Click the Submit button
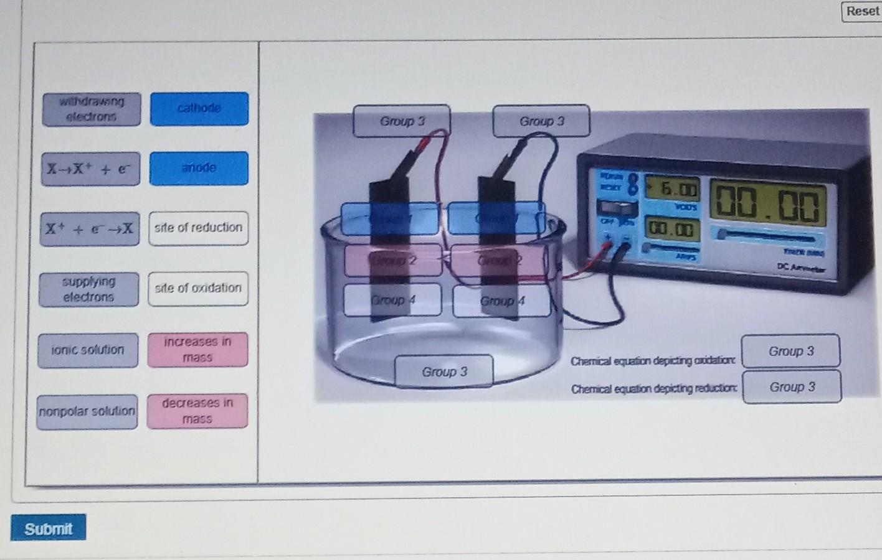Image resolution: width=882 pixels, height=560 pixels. tap(48, 528)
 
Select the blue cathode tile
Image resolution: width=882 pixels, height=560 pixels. tap(199, 109)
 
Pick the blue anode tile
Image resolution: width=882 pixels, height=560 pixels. tap(199, 169)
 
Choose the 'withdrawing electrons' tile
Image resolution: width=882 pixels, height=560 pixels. tap(92, 109)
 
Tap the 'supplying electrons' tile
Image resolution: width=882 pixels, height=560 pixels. tap(88, 289)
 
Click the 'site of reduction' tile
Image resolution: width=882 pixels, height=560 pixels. tap(198, 228)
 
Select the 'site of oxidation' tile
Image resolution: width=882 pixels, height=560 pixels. tap(198, 288)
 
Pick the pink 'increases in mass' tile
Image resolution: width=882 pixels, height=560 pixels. tap(197, 350)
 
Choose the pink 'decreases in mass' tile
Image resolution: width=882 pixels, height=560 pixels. tap(197, 411)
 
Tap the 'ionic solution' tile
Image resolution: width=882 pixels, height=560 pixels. tap(88, 350)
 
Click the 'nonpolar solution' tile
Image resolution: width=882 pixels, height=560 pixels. tap(87, 412)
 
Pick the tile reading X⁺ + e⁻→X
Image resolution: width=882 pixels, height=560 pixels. tap(90, 229)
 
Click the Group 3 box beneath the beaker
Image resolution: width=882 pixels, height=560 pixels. tap(444, 371)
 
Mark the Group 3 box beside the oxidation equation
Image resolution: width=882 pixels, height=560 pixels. tap(790, 351)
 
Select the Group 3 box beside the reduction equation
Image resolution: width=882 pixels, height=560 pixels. tap(792, 387)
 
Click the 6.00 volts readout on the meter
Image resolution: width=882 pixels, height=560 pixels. tap(672, 188)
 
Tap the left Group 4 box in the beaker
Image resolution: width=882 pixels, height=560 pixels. tap(392, 300)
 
